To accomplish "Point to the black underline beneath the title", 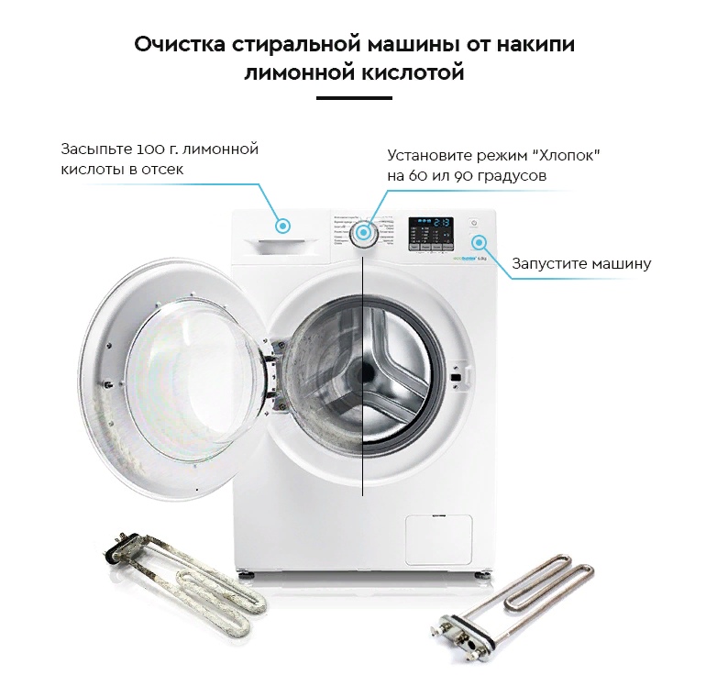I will click(x=353, y=97).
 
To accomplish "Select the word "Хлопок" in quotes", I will click(x=564, y=155).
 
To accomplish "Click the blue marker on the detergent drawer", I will click(x=283, y=225).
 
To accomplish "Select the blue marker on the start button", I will click(x=479, y=242).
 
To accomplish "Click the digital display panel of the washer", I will click(x=430, y=233).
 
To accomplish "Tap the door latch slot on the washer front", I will click(x=455, y=375).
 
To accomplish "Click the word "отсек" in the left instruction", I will click(x=162, y=170).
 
